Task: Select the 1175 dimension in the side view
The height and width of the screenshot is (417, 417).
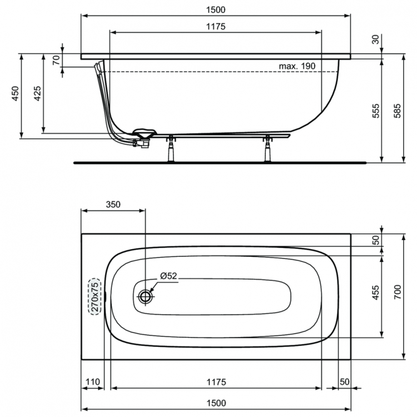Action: tap(216, 27)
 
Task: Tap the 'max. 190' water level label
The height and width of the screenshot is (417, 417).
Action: tap(297, 66)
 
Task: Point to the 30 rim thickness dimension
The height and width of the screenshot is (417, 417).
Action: tap(376, 39)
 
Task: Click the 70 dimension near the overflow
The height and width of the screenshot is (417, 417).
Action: tap(56, 60)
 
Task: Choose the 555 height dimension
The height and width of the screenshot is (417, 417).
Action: tap(376, 110)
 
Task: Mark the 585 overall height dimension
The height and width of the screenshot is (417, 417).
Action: tap(396, 110)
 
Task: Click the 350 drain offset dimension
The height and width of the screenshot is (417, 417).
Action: tap(113, 204)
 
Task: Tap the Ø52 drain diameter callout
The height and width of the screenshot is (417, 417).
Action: tap(168, 276)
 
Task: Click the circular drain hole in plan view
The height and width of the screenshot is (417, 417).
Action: tap(145, 296)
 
